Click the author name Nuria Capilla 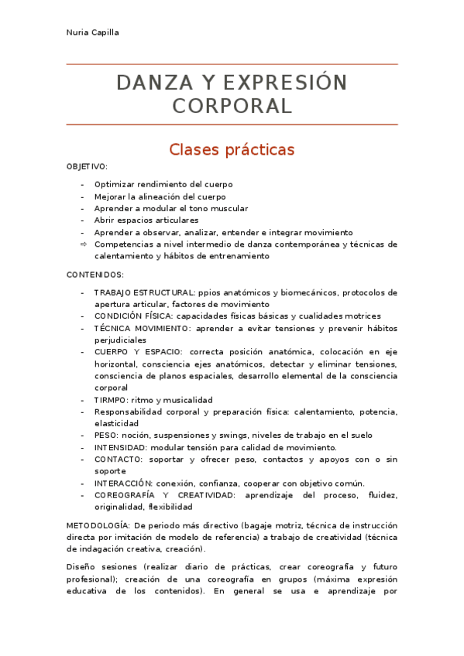pos(92,32)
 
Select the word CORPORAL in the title pos(232,106)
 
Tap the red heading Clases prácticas pos(232,149)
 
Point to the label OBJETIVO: pos(87,166)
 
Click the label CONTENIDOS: pos(95,275)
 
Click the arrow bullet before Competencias pos(84,244)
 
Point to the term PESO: pos(107,436)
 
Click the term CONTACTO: pos(116,460)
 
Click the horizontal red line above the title pos(232,64)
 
